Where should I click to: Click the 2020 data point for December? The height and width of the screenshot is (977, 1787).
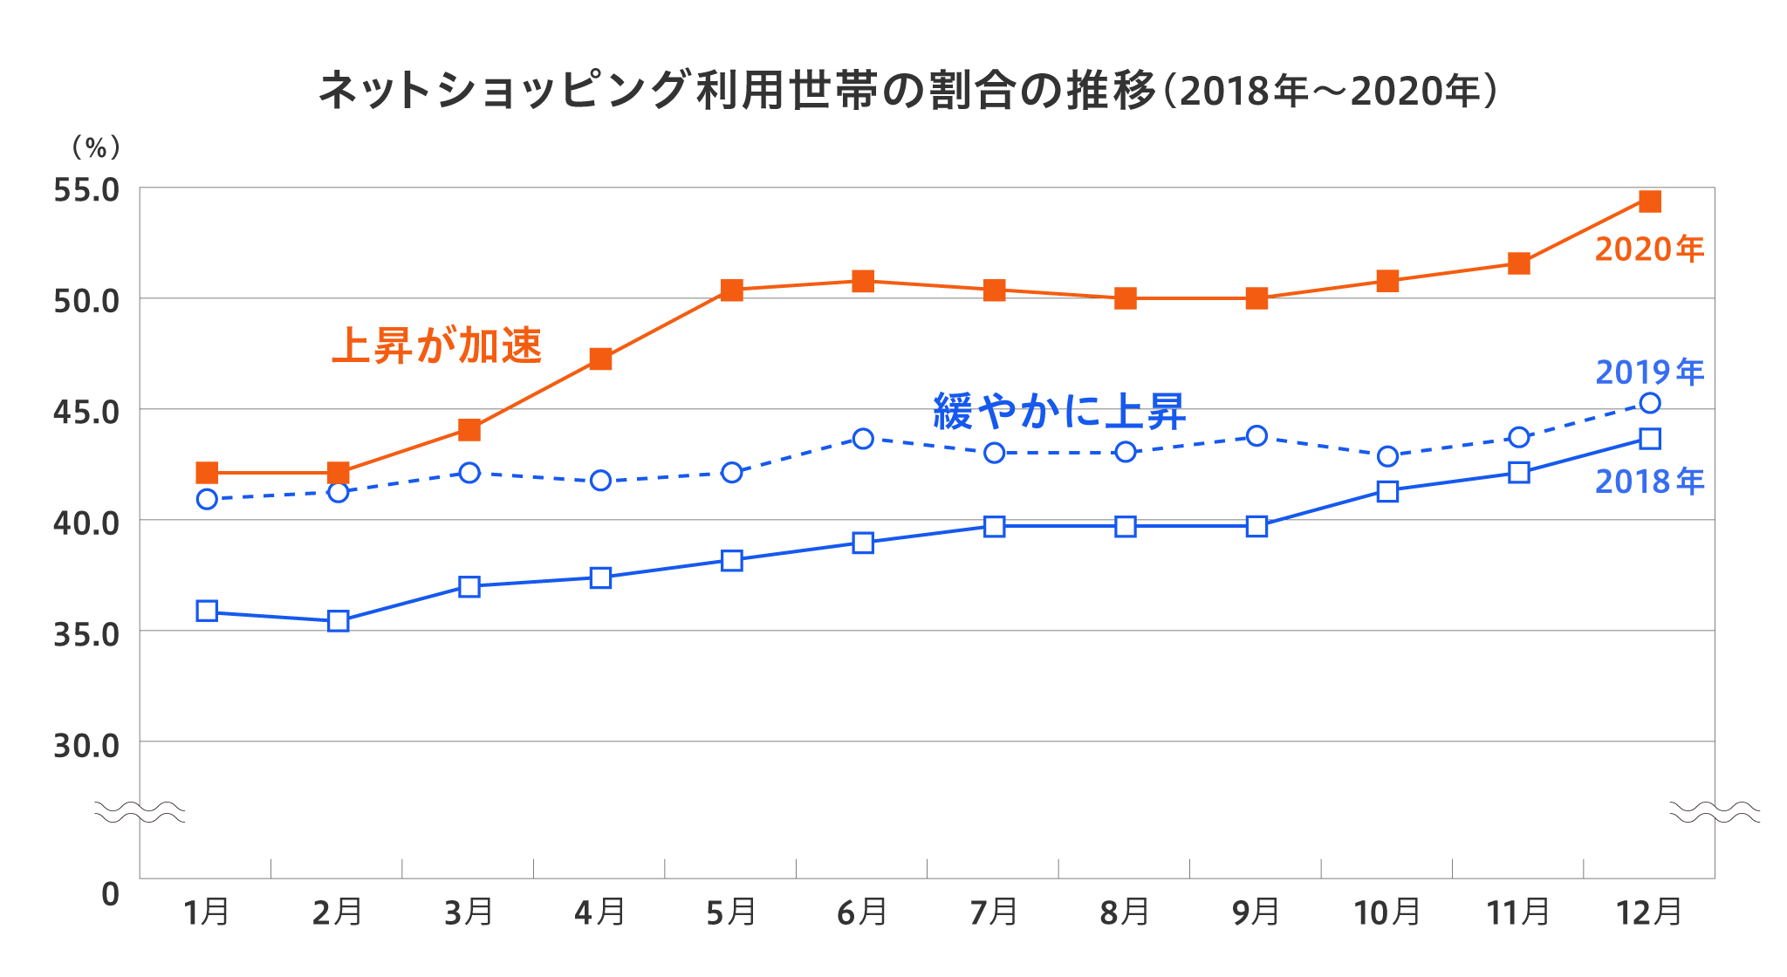pyautogui.click(x=1649, y=202)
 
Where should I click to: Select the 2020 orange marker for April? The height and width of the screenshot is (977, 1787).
pyautogui.click(x=600, y=359)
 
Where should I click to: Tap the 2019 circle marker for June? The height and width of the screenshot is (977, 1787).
pyautogui.click(x=863, y=439)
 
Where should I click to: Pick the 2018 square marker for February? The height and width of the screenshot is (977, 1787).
pyautogui.click(x=339, y=621)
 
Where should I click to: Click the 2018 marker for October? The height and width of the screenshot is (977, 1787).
pyautogui.click(x=1387, y=491)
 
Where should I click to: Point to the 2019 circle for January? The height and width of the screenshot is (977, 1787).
pyautogui.click(x=207, y=499)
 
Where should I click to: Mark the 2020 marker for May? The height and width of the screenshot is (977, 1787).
pyautogui.click(x=732, y=290)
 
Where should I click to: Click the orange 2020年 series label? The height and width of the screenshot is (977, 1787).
pyautogui.click(x=1649, y=249)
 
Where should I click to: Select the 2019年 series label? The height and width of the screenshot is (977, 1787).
pyautogui.click(x=1649, y=372)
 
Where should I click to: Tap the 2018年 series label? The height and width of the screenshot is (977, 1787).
pyautogui.click(x=1649, y=482)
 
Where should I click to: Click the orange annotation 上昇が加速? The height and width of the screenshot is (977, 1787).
pyautogui.click(x=437, y=345)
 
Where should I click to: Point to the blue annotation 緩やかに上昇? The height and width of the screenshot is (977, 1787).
pyautogui.click(x=1059, y=411)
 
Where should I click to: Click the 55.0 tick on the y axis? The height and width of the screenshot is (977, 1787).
pyautogui.click(x=86, y=190)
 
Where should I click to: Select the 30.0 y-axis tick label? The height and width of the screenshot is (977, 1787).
pyautogui.click(x=86, y=746)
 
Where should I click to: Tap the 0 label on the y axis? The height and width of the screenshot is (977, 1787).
pyautogui.click(x=110, y=894)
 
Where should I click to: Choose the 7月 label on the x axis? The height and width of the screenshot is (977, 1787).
pyautogui.click(x=994, y=912)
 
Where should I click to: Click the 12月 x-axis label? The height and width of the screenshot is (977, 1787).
pyautogui.click(x=1649, y=912)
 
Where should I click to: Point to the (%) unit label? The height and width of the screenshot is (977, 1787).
pyautogui.click(x=96, y=147)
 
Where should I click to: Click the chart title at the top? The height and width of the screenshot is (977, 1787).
pyautogui.click(x=908, y=91)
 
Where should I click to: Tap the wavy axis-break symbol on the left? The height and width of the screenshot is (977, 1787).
pyautogui.click(x=140, y=812)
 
